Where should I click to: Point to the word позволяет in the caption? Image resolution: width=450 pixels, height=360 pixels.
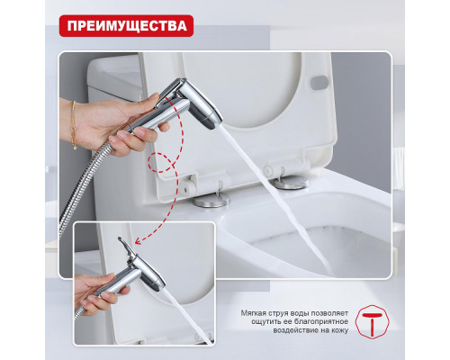pyautogui.click(x=337, y=313)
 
